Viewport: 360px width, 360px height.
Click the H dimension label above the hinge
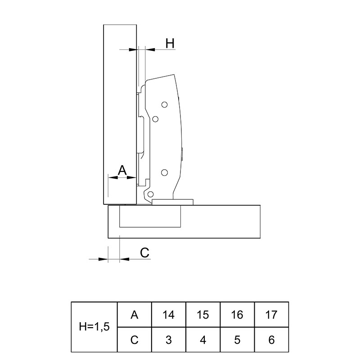click(170, 43)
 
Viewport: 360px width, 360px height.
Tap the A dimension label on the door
click(122, 170)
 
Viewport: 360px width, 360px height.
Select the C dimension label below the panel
click(144, 253)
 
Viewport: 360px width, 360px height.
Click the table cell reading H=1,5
click(94, 327)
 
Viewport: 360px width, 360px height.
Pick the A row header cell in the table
click(135, 315)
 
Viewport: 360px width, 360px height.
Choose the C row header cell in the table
click(135, 340)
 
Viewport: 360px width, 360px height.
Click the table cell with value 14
click(169, 315)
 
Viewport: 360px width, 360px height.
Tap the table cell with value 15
click(203, 315)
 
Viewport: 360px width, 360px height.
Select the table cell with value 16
click(237, 315)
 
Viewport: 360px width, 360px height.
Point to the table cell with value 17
click(271, 315)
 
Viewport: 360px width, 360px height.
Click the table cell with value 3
click(169, 340)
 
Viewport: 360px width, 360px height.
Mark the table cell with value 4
click(203, 340)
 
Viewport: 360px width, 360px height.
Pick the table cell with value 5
click(237, 340)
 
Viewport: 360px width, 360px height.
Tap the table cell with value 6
click(271, 340)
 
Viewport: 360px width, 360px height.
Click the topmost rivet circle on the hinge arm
click(164, 105)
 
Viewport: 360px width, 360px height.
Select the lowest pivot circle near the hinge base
click(150, 194)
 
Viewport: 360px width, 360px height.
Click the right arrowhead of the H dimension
click(150, 49)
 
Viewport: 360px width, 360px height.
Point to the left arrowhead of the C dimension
click(103, 259)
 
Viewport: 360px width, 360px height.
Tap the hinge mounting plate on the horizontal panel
click(173, 202)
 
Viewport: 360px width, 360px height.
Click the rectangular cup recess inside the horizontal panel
click(150, 216)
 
